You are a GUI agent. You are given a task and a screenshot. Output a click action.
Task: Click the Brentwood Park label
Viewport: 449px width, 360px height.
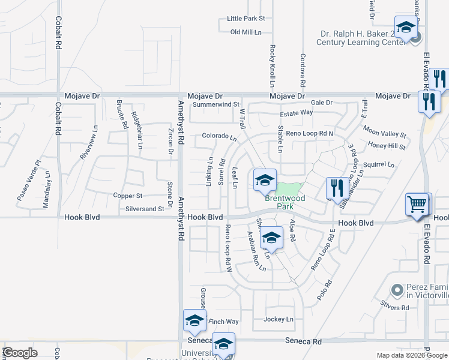pyautogui.click(x=286, y=202)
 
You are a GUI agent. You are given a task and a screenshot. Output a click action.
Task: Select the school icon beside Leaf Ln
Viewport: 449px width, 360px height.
pyautogui.click(x=264, y=179)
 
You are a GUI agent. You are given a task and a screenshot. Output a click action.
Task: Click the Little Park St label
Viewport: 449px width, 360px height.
pyautogui.click(x=246, y=19)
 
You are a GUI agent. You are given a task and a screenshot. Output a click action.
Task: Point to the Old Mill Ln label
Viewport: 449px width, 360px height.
pyautogui.click(x=246, y=32)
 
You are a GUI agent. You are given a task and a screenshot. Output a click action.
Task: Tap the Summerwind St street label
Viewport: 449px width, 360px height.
pyautogui.click(x=216, y=104)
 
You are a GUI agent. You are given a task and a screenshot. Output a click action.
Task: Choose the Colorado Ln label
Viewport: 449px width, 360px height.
pyautogui.click(x=219, y=136)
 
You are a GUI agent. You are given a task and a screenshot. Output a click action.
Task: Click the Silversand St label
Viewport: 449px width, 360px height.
pyautogui.click(x=144, y=209)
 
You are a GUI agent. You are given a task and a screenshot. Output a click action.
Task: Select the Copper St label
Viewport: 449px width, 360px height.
pyautogui.click(x=128, y=196)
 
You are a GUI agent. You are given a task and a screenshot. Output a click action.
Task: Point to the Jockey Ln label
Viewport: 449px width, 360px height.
pyautogui.click(x=279, y=319)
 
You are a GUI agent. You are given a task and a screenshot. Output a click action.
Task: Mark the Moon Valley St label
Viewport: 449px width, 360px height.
pyautogui.click(x=385, y=132)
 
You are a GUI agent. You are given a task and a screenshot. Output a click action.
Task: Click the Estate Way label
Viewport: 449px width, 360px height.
pyautogui.click(x=297, y=112)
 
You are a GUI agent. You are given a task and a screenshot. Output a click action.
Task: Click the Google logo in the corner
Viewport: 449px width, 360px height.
pyautogui.click(x=20, y=353)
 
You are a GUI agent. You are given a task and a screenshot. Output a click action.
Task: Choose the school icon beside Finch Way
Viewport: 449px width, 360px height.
pyautogui.click(x=194, y=321)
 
